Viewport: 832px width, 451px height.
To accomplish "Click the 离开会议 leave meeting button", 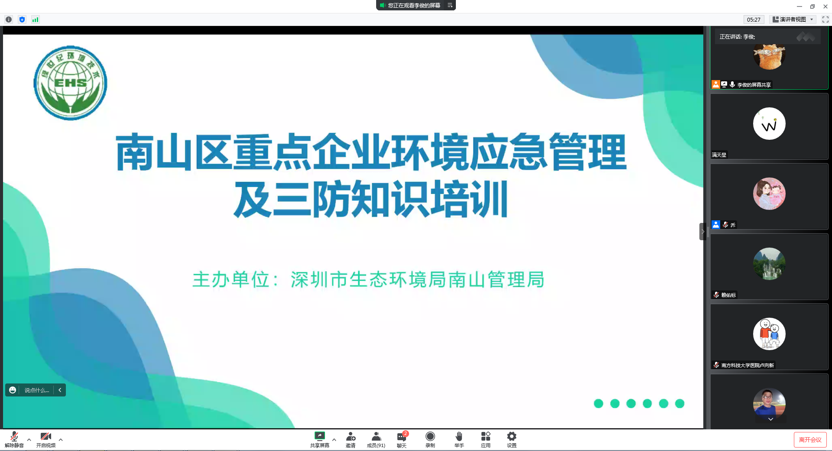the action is click(810, 440).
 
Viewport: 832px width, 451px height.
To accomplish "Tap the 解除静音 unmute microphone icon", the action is click(14, 436).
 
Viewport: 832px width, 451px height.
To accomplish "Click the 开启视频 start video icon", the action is click(45, 436).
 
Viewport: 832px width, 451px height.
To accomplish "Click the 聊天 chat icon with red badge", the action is click(402, 436).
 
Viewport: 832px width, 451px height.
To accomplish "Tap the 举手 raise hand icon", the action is click(459, 436).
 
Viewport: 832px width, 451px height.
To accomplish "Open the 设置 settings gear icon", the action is click(512, 436).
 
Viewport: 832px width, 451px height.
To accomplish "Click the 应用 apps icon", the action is click(486, 436).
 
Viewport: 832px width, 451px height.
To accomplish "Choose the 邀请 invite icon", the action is click(351, 436).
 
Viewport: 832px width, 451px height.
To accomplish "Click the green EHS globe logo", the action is click(70, 83).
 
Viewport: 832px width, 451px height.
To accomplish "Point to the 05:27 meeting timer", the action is click(754, 19).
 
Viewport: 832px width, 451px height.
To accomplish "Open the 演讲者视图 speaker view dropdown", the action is click(793, 19).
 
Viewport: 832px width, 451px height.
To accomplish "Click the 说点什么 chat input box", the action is click(36, 390).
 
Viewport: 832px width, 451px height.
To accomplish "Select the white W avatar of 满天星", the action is click(769, 124).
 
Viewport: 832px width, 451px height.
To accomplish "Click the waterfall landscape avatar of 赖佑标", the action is click(769, 264).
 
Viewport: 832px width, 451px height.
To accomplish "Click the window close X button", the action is click(825, 6).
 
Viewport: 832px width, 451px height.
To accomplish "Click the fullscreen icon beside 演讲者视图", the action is click(825, 19).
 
